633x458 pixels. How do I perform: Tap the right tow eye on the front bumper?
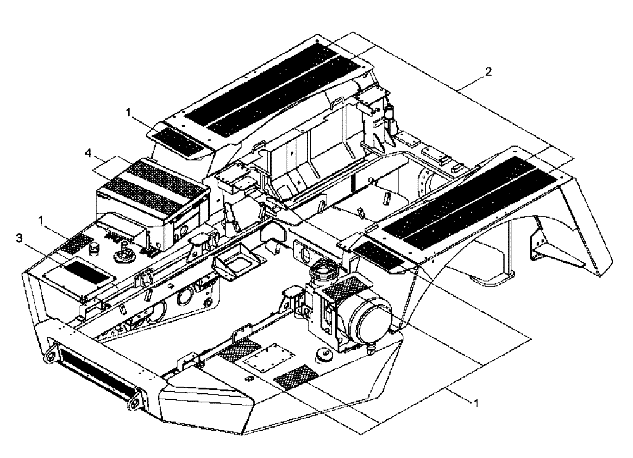coord(135,400)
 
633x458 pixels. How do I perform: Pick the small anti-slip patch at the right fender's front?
coord(378,256)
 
